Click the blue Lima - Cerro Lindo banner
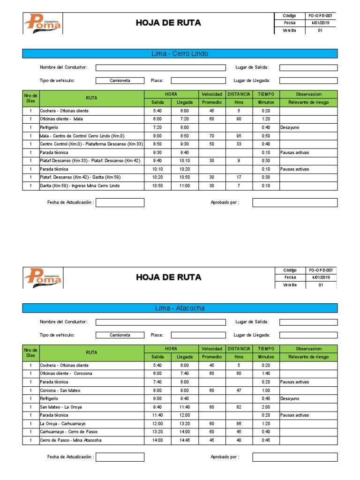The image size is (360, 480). [x=180, y=53]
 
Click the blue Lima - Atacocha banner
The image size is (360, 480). [x=180, y=308]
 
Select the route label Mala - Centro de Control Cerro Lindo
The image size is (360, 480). [x=82, y=135]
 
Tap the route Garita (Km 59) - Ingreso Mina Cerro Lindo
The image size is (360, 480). [x=80, y=186]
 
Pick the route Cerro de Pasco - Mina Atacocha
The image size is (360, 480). [x=71, y=440]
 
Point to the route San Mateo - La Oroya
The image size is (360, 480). [x=60, y=407]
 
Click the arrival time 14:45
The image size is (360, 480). [x=184, y=440]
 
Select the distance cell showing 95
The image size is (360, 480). [x=239, y=135]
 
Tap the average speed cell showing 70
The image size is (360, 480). [x=212, y=135]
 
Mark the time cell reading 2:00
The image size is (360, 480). [x=265, y=407]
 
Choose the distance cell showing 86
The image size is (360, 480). [x=239, y=423]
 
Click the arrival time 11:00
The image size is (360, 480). [x=184, y=186]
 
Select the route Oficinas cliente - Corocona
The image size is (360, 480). [x=66, y=373]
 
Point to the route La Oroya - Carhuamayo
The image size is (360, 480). [x=63, y=423]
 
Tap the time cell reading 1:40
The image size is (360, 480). [x=265, y=373]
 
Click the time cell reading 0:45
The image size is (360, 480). [x=265, y=440]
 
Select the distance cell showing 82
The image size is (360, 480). [x=239, y=407]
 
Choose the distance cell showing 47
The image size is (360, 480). [x=239, y=390]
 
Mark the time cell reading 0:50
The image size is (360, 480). [x=265, y=135]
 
